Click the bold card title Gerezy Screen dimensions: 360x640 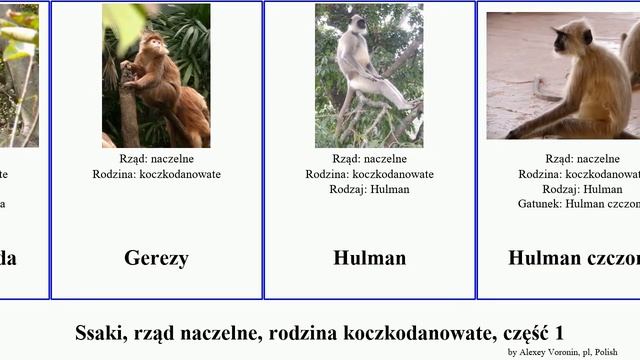click(156, 258)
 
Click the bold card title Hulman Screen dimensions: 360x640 click(369, 258)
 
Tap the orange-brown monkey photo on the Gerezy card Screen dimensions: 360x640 click(156, 76)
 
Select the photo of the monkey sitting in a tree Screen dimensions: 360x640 click(369, 76)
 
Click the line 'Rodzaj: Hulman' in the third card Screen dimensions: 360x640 click(369, 189)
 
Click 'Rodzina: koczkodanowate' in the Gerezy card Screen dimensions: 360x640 click(156, 174)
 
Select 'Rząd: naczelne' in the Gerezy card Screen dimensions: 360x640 click(156, 159)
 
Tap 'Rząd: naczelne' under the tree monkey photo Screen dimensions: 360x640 click(369, 159)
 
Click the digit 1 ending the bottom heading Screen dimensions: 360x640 click(561, 332)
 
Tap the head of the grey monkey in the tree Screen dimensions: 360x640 click(352, 29)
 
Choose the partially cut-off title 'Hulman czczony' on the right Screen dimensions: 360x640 click(574, 258)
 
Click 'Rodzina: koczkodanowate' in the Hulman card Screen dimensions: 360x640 click(369, 174)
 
